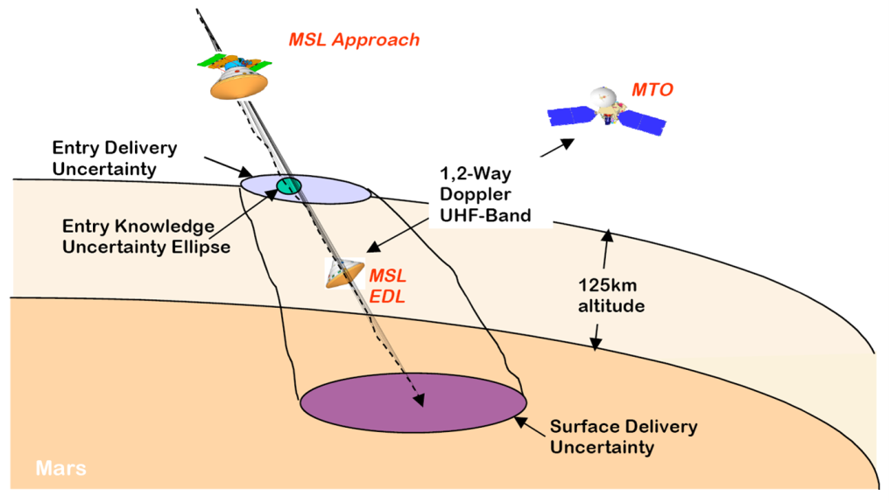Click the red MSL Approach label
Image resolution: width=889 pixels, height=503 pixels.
tap(355, 39)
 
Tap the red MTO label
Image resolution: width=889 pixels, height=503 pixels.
tap(653, 89)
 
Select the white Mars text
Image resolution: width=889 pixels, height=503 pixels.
tap(61, 468)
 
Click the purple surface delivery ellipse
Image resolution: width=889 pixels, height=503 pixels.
tap(413, 402)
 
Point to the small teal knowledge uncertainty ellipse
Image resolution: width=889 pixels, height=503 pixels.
tap(288, 185)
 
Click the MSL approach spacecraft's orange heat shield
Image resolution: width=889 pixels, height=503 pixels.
tap(239, 87)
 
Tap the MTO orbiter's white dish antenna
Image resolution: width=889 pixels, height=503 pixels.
tap(603, 97)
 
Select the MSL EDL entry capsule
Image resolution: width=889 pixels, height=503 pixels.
tap(344, 274)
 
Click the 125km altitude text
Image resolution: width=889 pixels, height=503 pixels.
tap(611, 295)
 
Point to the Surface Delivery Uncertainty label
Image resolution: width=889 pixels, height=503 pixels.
tap(624, 437)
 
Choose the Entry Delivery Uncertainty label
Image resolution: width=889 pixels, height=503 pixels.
tap(115, 158)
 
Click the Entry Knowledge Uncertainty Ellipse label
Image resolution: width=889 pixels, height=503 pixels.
tap(146, 236)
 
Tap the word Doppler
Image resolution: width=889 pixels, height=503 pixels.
tap(476, 193)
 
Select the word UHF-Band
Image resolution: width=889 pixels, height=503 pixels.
tap(485, 215)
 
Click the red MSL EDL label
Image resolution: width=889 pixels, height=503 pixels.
tap(388, 286)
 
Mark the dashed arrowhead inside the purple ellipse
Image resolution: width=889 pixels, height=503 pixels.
tap(419, 400)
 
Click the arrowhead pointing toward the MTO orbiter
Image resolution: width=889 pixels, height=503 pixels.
tap(567, 143)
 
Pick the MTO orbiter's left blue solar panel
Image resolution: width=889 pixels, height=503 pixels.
tap(571, 115)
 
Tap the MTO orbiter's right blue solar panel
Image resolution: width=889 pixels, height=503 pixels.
tap(642, 122)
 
